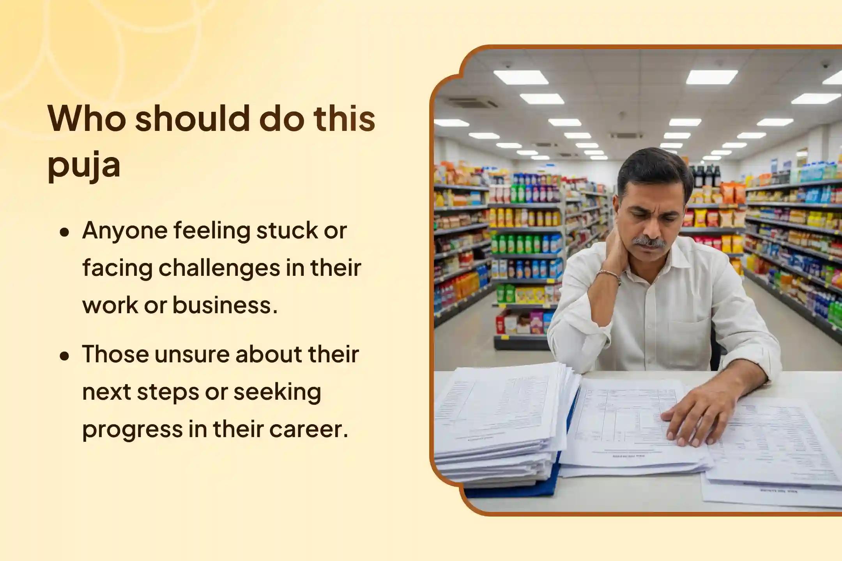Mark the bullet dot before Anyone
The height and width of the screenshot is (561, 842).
click(x=65, y=233)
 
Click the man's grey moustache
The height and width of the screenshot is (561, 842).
click(x=649, y=242)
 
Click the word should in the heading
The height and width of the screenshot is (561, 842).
click(x=192, y=118)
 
